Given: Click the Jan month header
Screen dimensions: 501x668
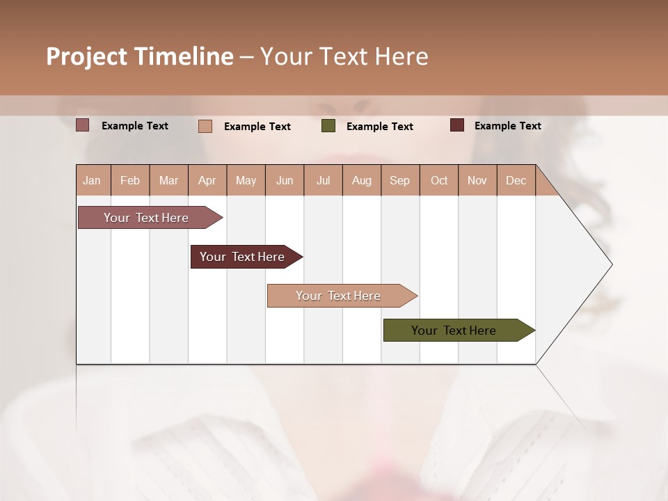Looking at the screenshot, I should pos(93,180).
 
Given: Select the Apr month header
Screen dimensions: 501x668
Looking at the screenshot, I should pos(207,180).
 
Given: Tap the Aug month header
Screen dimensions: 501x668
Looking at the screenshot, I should pos(361,180).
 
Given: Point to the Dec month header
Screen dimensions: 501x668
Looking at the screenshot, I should pos(516,180).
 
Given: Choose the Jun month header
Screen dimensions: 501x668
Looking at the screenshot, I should pos(285,180).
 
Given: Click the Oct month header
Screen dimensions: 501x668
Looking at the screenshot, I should pos(439,180).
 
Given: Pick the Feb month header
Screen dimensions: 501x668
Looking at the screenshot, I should pos(130,180).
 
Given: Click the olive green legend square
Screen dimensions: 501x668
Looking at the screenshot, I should pos(328,126).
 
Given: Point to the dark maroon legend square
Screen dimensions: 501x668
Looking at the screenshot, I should pos(457,125).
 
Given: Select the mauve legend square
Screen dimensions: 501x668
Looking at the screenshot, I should pos(83,125).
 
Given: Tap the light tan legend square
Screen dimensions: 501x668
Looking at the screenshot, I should pos(205,126).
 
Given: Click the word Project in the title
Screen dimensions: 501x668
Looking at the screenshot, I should pos(86,56).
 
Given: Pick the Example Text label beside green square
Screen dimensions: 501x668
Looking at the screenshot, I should pos(379,126).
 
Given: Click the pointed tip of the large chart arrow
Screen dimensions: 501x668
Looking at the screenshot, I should pos(610,264).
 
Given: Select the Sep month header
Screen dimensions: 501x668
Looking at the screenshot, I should pos(399,180).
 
